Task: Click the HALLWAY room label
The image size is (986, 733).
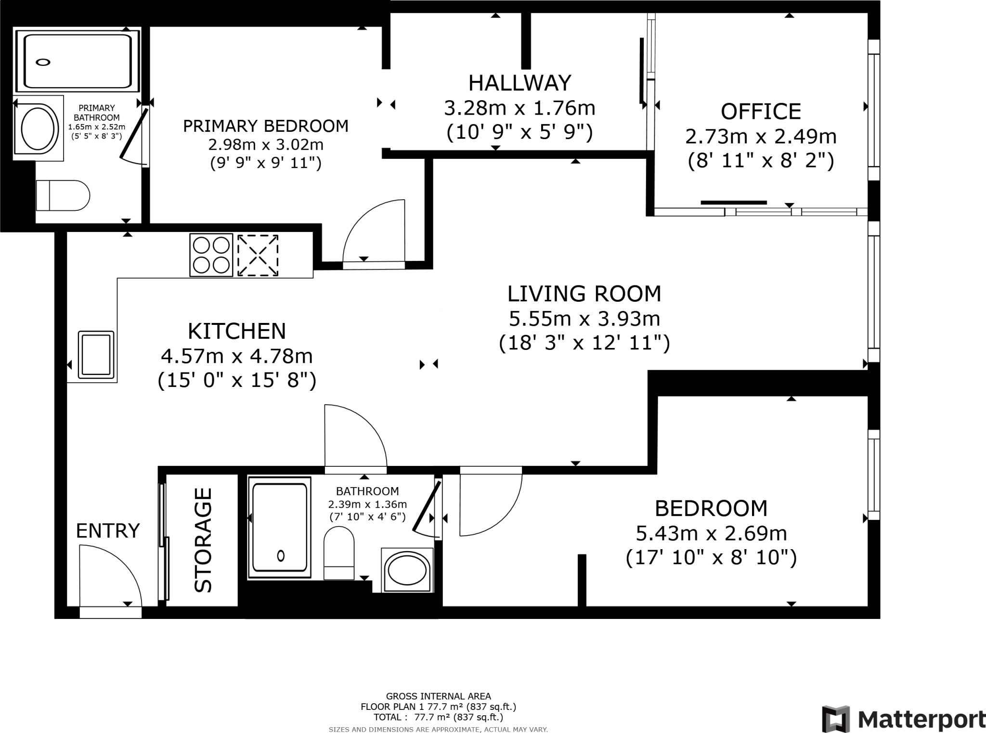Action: [x=519, y=83]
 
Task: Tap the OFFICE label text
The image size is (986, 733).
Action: [x=761, y=112]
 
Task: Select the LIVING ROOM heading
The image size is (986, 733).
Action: [x=584, y=294]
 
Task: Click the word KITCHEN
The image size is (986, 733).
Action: [x=237, y=331]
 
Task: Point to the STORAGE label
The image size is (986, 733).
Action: [x=203, y=540]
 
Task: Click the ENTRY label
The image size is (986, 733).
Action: [x=108, y=530]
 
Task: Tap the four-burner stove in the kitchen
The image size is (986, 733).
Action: [x=211, y=255]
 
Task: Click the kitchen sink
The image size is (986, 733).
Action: [x=96, y=354]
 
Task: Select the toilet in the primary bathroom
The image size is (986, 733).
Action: [x=63, y=195]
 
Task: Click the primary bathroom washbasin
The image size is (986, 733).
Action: [x=38, y=129]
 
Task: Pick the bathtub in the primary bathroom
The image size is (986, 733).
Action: [x=78, y=61]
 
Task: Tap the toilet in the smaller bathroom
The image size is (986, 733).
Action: [x=339, y=553]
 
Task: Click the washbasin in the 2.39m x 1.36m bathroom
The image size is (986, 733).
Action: [x=407, y=570]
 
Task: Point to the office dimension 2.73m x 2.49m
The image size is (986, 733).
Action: [x=761, y=137]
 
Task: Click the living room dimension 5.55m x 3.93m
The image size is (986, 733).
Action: [x=584, y=319]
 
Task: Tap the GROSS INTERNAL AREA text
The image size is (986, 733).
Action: [x=438, y=696]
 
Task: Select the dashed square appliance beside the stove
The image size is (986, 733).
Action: [x=258, y=255]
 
